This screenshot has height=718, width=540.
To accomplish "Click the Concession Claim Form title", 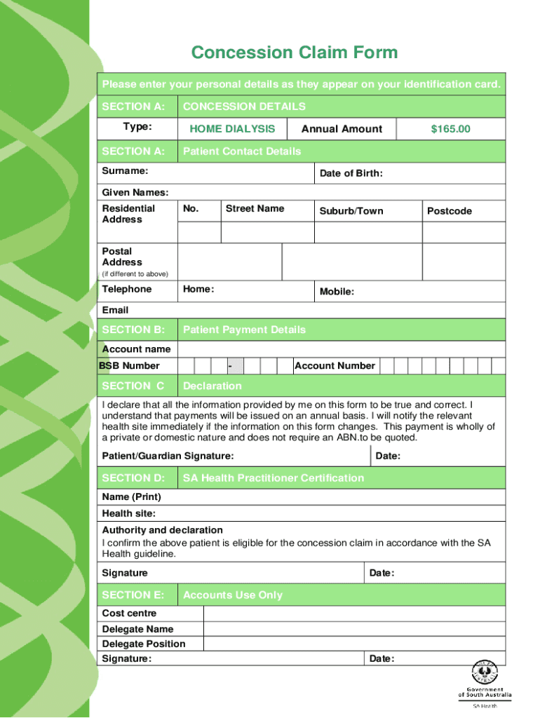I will coord(295,53).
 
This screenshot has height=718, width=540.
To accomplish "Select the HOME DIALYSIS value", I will coord(232,129).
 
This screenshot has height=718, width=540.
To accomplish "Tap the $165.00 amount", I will coord(450,129).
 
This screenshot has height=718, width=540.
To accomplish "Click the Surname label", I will coord(125,170).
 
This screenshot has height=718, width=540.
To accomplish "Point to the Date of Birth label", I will coord(351,174).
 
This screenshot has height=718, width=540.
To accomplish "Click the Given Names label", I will coord(135,193).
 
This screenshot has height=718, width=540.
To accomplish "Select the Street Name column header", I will coord(255,208).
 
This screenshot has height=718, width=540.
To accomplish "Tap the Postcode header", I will coord(450,211).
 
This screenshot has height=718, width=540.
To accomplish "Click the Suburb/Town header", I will coord(351,211).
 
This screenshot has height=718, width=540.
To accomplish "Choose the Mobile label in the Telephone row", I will coord(337,292).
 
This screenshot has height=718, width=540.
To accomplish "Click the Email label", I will coord(116,310).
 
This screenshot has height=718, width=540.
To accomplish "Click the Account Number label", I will coord(335,365).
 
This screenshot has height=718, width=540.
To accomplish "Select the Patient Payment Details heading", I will coord(244,330).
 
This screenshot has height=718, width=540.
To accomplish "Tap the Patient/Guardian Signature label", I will coord(168,456).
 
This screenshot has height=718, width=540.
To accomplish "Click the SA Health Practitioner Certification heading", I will coord(274,478).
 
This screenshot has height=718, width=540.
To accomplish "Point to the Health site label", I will coord(129,513).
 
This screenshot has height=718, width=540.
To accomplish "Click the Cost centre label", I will coord(130,614).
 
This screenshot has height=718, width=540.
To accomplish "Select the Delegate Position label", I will coord(144,644).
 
